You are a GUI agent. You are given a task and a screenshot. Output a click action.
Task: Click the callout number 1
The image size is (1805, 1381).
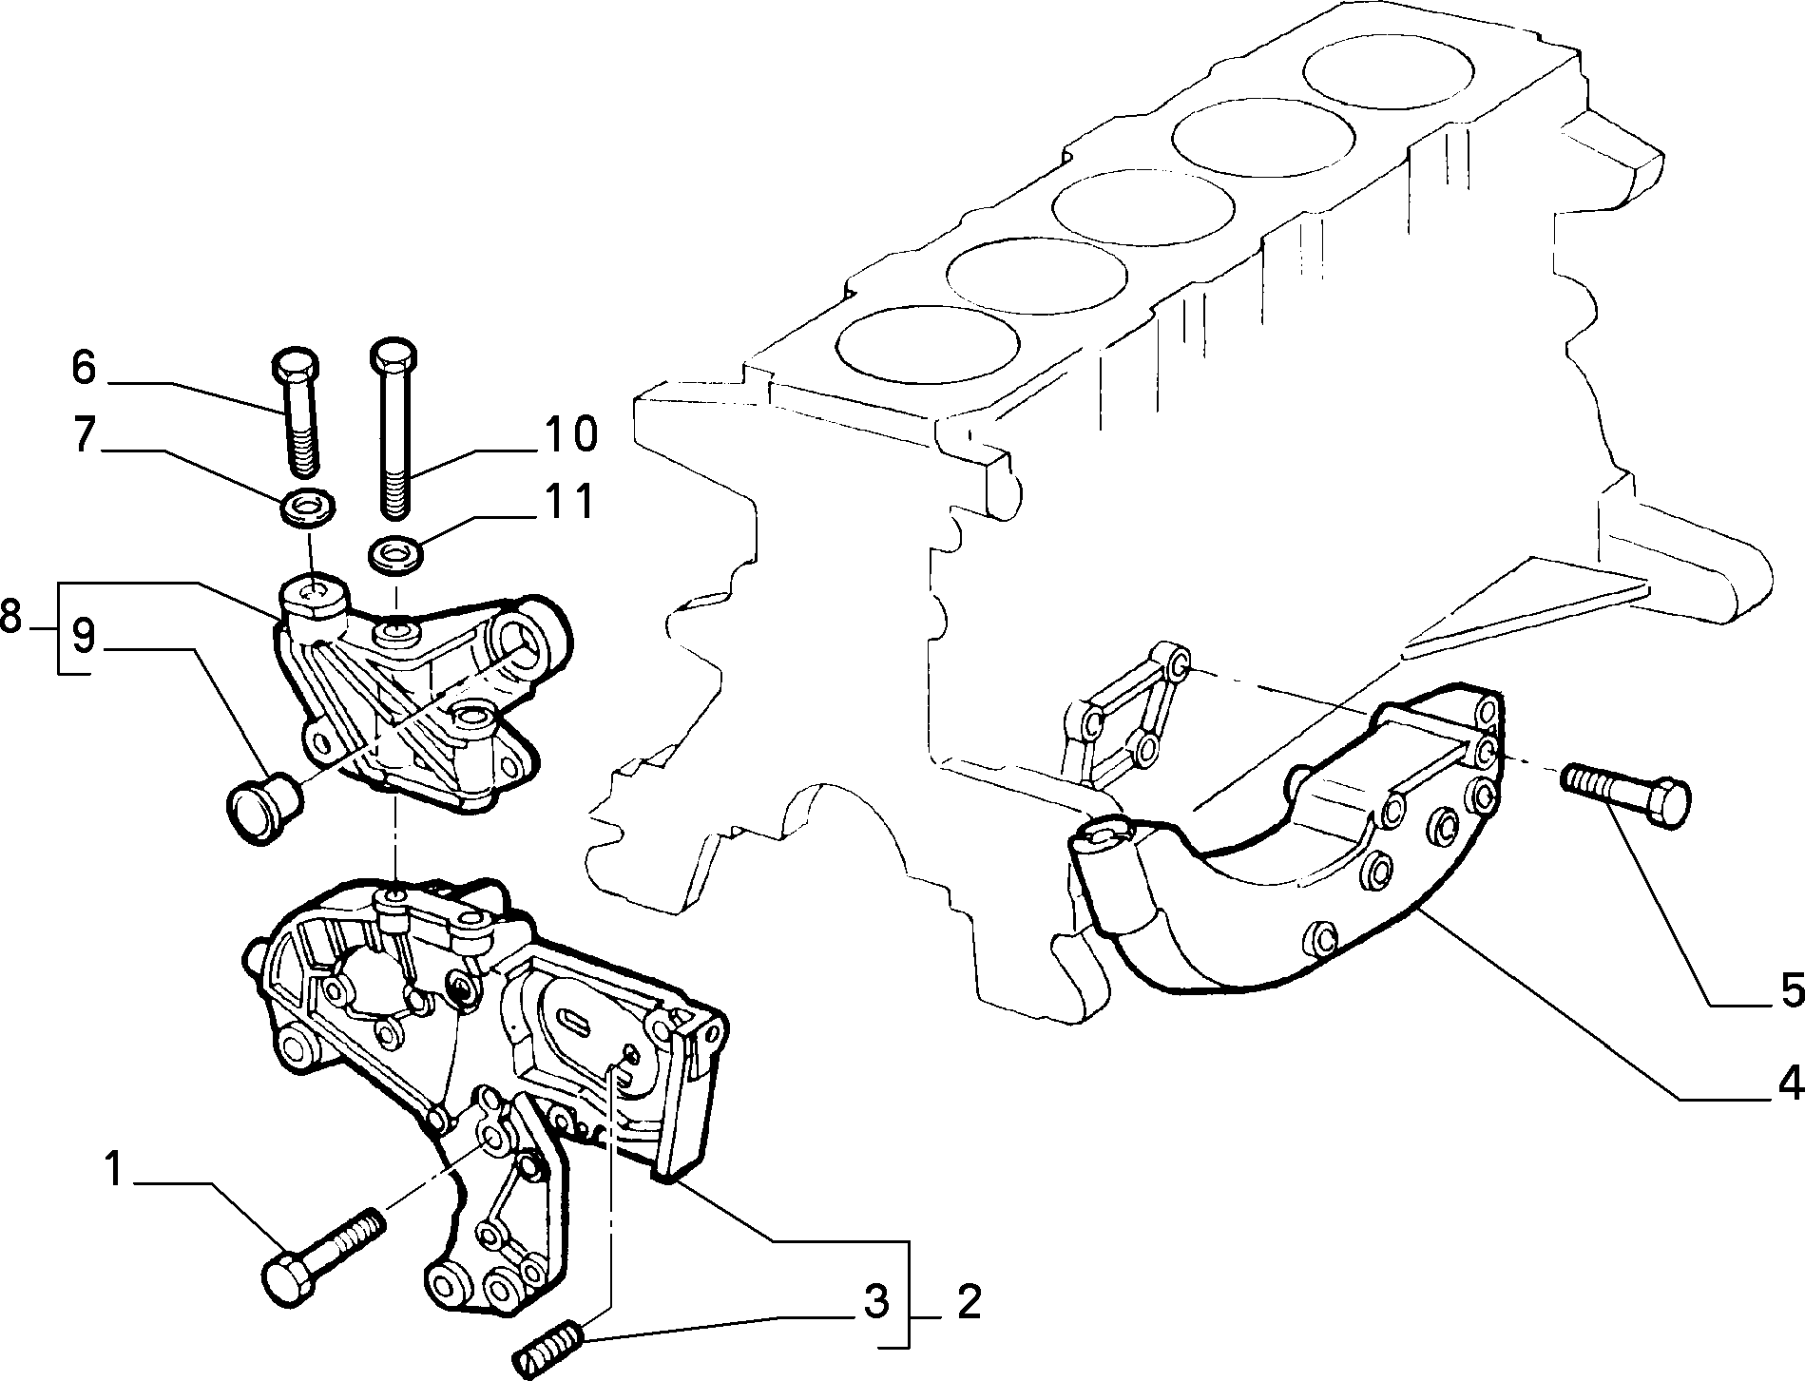[x=114, y=1170]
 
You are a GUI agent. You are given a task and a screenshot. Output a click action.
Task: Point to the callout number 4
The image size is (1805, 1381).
[x=1789, y=1083]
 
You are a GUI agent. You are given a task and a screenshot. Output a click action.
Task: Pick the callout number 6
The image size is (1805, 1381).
[x=84, y=367]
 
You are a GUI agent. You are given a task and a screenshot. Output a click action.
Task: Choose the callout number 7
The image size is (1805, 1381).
[x=84, y=434]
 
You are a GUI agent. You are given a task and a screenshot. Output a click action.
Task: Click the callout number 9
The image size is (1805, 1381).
[x=84, y=638]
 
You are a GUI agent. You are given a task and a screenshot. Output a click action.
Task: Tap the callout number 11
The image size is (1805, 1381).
[x=569, y=502]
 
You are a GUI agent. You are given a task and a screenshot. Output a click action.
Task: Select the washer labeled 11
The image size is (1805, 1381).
[x=393, y=554]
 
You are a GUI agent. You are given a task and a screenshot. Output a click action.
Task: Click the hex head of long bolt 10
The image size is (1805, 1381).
[x=394, y=355]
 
